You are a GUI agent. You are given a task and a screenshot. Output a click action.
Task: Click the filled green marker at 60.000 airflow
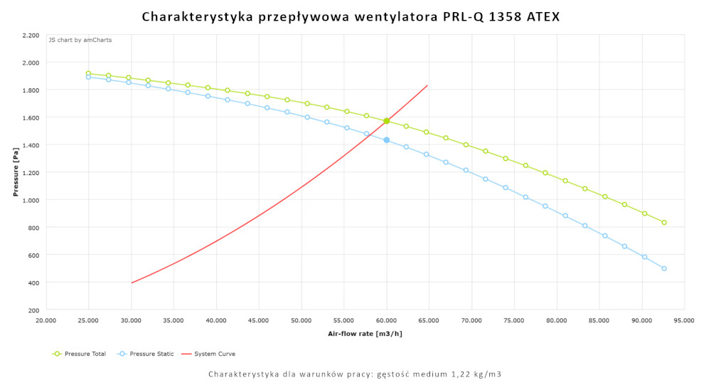point(387,121)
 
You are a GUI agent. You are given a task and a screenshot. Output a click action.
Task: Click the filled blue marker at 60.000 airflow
point(387,140)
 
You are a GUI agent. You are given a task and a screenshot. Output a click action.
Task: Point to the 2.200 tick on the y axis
point(31,35)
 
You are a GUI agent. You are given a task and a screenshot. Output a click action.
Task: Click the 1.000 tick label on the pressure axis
point(31,200)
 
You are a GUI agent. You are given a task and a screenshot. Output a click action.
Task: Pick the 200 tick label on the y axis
point(33,310)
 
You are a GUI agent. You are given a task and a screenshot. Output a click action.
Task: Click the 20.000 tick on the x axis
point(46,321)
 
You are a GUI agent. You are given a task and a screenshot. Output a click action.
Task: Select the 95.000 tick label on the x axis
point(684,321)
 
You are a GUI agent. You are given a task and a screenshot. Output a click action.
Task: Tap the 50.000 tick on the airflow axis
point(301,321)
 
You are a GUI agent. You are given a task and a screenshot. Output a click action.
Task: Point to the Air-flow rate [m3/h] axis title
point(365,333)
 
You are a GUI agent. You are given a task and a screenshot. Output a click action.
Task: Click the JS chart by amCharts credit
point(80,40)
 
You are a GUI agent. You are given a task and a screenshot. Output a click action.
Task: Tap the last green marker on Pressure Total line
point(664,223)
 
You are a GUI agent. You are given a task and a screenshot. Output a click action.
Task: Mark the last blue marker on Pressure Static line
point(664,268)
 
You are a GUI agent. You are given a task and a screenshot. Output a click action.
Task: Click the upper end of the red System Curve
point(427,85)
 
